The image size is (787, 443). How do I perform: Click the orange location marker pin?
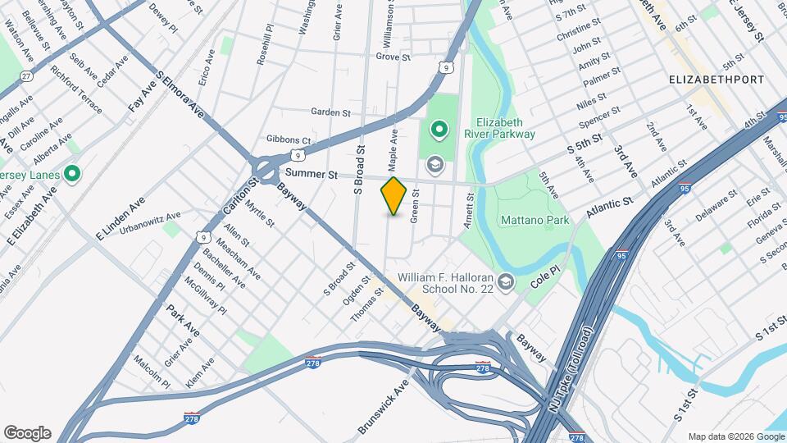point(393,195)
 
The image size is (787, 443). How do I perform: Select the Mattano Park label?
point(535,221)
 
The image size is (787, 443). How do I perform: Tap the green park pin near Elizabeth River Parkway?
point(439,130)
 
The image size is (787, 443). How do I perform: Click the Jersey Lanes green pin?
point(71,173)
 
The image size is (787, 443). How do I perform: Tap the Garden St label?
point(330,112)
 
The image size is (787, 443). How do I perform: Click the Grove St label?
point(393,57)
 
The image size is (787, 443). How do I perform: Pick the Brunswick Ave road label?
point(383,407)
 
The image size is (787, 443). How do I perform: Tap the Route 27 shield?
point(26,76)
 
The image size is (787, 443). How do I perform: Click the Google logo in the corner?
point(27,433)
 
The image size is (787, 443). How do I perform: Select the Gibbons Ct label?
point(289,140)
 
